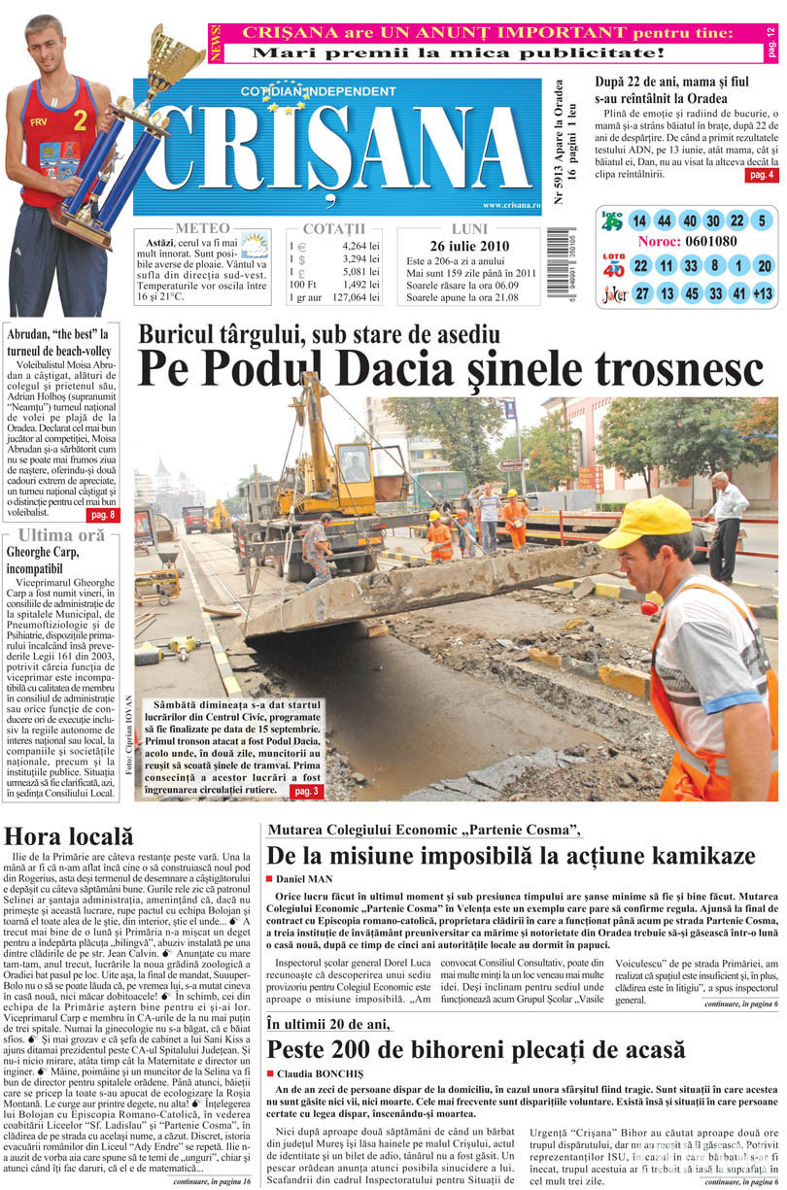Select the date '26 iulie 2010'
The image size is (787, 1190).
tap(468, 246)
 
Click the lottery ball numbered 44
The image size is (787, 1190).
tap(664, 221)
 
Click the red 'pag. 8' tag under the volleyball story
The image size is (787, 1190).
tap(103, 514)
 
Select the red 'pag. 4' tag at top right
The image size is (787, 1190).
tap(761, 175)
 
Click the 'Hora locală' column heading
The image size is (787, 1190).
tap(68, 835)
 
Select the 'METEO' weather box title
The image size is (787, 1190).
tap(203, 227)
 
